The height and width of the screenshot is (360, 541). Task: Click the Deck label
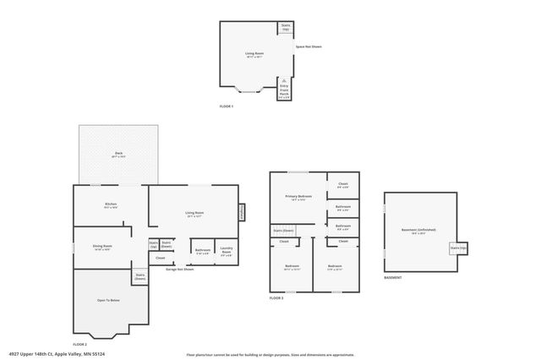click(x=119, y=155)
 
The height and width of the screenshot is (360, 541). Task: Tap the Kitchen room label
click(x=111, y=205)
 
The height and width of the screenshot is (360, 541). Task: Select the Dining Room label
click(x=103, y=248)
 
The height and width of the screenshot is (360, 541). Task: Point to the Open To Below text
click(x=108, y=300)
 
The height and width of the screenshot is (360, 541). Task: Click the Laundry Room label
click(x=227, y=250)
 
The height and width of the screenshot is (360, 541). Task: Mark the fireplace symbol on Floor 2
click(x=241, y=213)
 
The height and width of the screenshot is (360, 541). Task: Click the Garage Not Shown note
click(x=179, y=269)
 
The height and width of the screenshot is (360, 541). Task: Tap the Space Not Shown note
click(x=309, y=47)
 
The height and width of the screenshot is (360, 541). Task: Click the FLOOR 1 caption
click(x=226, y=106)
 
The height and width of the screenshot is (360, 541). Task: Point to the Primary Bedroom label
click(x=298, y=198)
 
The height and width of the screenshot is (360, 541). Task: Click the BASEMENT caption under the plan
click(x=392, y=277)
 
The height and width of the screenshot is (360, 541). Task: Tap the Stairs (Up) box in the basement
click(x=458, y=248)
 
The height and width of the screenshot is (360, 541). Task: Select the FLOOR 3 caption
click(x=276, y=297)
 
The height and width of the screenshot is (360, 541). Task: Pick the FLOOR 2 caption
click(x=80, y=344)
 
